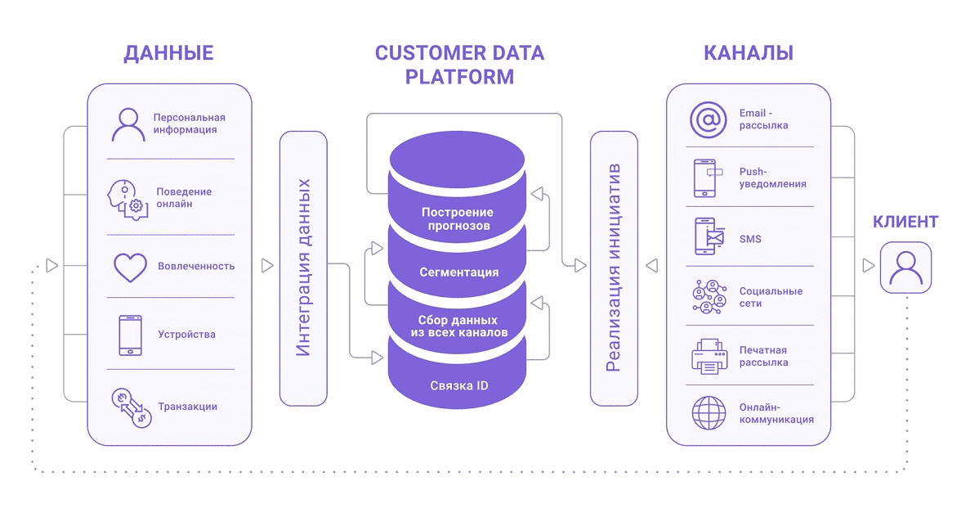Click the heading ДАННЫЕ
168,54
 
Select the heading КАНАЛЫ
748,54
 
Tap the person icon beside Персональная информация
128,124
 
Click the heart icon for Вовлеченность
129,267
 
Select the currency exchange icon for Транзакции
131,407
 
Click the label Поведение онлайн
184,197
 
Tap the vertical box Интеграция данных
303,268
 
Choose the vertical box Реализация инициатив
614,268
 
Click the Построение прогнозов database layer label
458,218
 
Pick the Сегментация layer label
458,272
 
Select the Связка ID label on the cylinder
458,385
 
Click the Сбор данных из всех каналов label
458,326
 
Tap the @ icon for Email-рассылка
708,119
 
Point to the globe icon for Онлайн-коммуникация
707,413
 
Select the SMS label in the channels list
750,239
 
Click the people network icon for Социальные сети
708,297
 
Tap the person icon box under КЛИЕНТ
905,267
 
